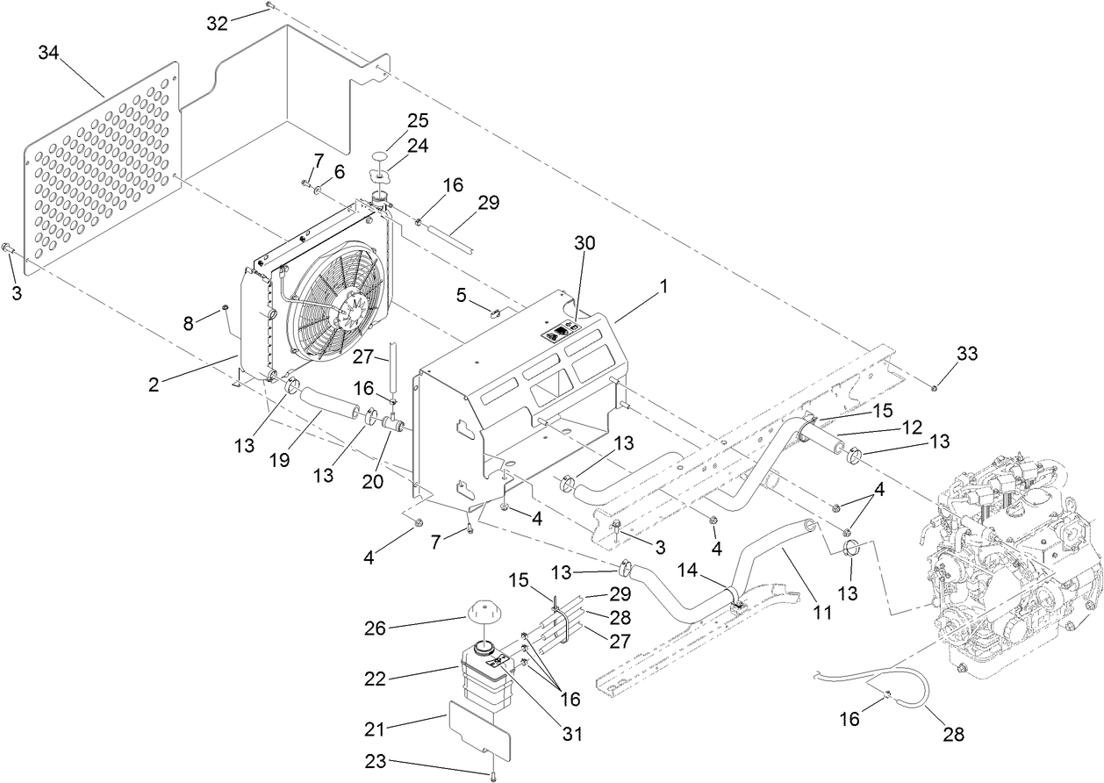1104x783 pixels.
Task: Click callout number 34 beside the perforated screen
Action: click(49, 53)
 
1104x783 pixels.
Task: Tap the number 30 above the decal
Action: click(584, 243)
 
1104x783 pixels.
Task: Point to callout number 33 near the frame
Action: click(966, 355)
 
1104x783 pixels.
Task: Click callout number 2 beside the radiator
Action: click(154, 384)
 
